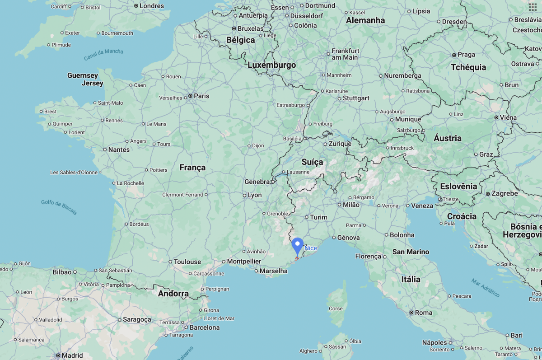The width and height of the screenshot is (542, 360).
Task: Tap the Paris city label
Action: point(201,96)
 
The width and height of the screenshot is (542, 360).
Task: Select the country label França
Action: point(192,168)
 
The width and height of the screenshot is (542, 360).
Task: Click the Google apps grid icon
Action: point(533,7)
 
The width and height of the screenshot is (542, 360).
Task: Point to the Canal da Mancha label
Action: point(103,55)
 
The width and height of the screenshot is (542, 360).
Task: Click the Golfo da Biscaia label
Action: point(59,207)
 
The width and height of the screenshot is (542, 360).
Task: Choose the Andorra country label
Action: point(173,294)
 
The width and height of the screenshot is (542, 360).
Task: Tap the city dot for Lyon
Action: point(244,195)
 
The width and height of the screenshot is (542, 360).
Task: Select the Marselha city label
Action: point(274,271)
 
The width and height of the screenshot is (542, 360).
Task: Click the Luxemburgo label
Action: point(271,65)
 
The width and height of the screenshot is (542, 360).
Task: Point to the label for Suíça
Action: point(312,162)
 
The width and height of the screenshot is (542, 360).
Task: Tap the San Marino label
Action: point(411,252)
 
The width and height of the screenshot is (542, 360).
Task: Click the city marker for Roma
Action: point(411,313)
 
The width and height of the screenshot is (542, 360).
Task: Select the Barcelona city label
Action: point(204,327)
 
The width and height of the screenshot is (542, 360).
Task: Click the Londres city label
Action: point(152,6)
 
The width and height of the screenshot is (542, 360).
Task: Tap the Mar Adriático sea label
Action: point(485,288)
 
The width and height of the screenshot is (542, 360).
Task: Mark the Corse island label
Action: point(336,309)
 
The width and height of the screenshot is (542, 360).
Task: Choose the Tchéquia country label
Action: point(468,67)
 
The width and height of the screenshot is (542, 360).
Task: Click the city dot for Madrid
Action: point(58,355)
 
